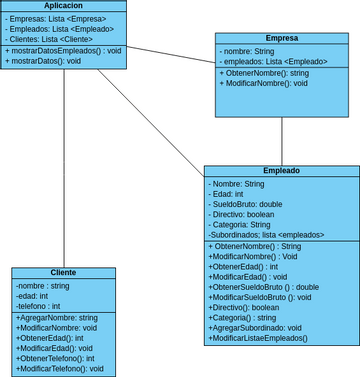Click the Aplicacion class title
pyautogui.click(x=63, y=6)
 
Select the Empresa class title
pyautogui.click(x=281, y=38)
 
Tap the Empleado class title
pyautogui.click(x=281, y=171)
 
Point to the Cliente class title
pyautogui.click(x=63, y=272)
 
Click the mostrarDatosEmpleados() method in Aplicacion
pyautogui.click(x=63, y=50)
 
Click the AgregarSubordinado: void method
pyautogui.click(x=256, y=327)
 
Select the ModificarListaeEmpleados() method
pyautogui.click(x=258, y=338)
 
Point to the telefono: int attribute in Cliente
pyautogui.click(x=39, y=306)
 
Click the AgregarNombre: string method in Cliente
pyautogui.click(x=57, y=318)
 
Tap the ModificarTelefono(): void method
pyautogui.click(x=60, y=368)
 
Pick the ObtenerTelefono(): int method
pyautogui.click(x=57, y=358)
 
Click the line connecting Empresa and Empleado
pyautogui.click(x=281, y=140)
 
